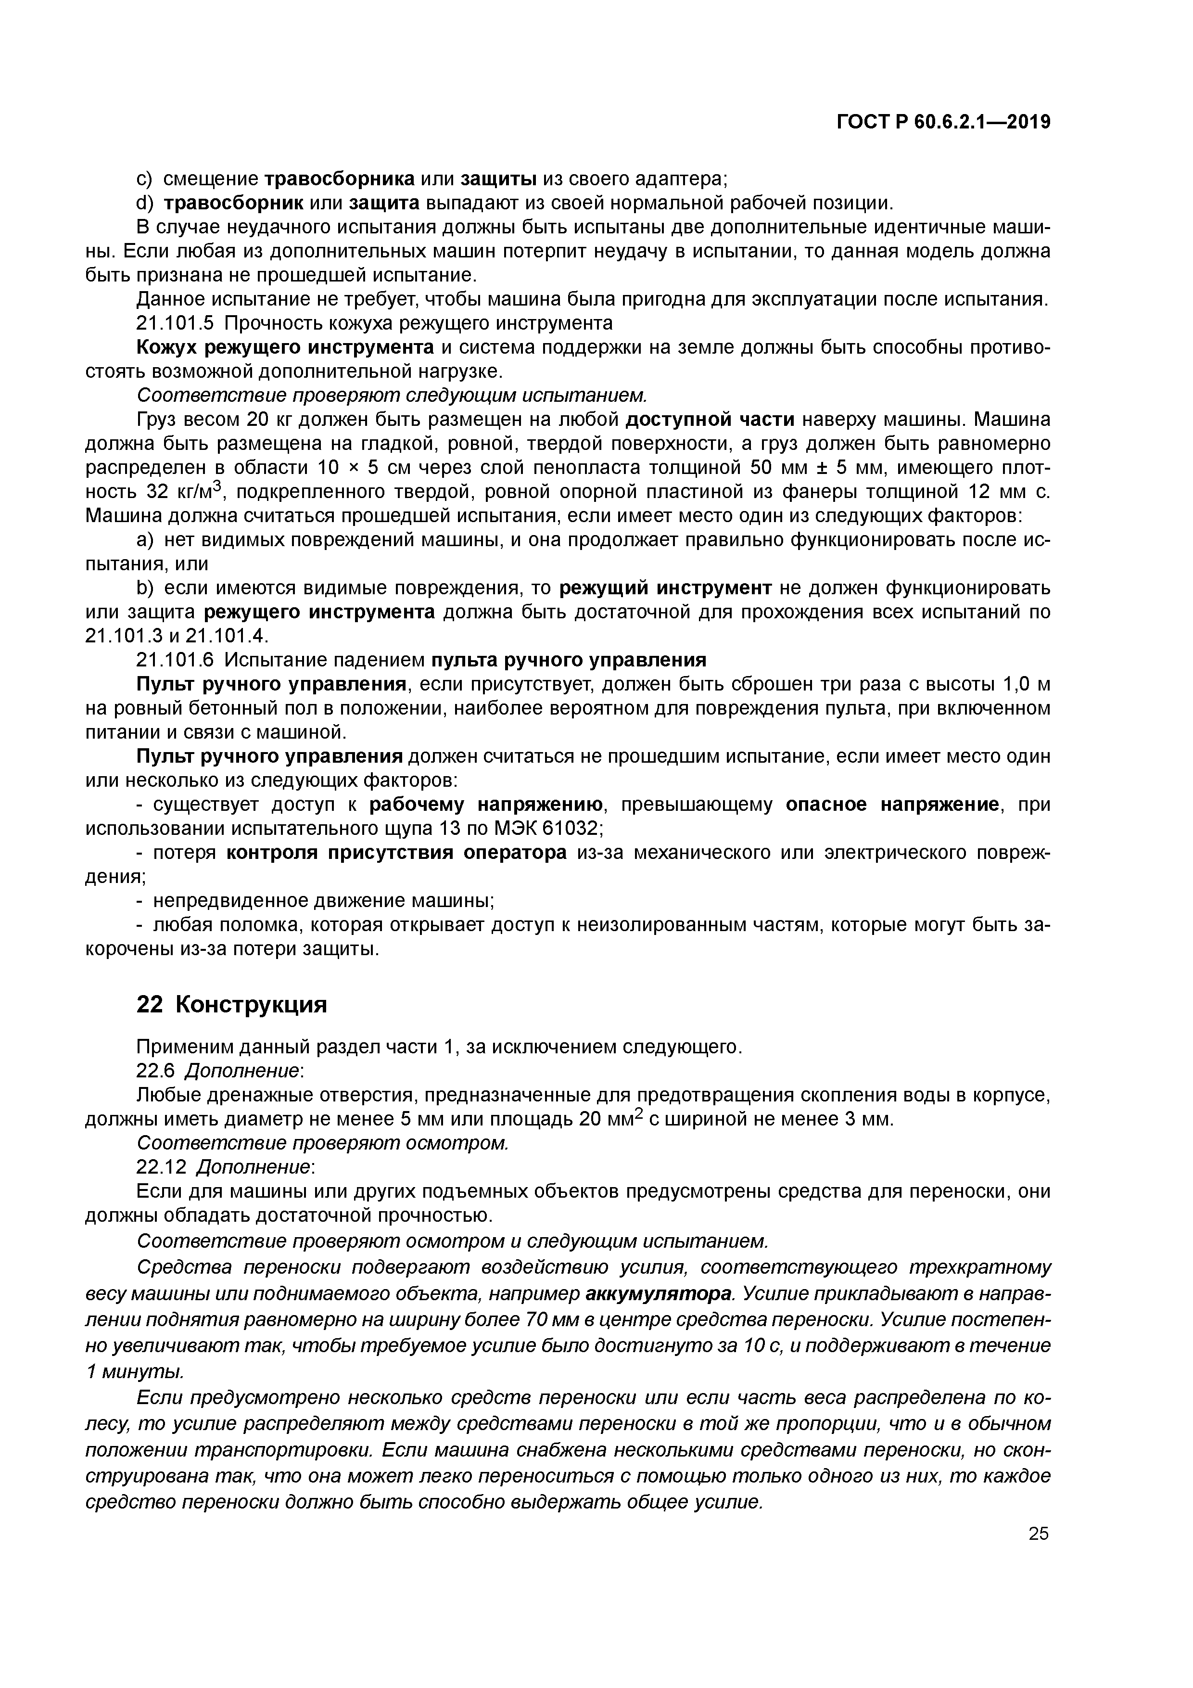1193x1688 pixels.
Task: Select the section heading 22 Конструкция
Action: (231, 1004)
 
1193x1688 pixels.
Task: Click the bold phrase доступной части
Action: (710, 420)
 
